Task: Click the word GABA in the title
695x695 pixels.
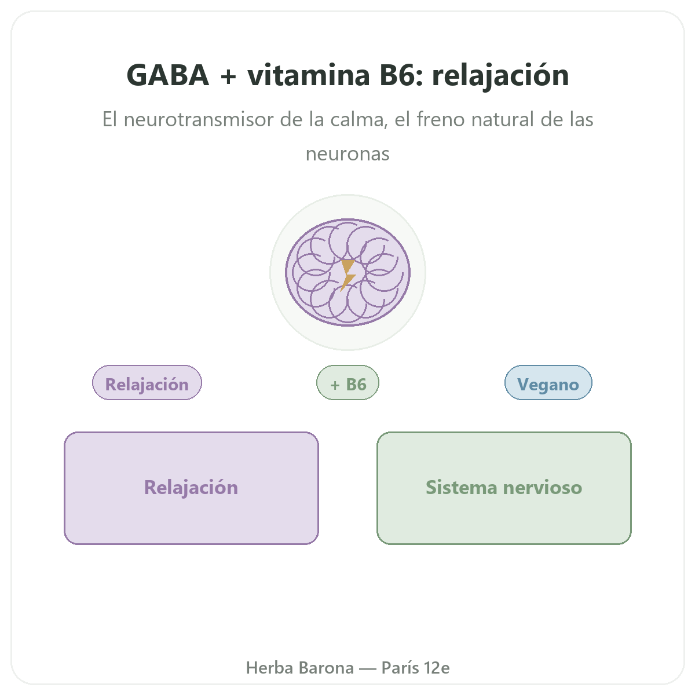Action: coord(168,75)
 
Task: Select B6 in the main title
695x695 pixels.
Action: coord(397,75)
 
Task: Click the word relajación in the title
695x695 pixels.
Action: coord(500,76)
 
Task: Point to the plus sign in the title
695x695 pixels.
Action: coord(228,76)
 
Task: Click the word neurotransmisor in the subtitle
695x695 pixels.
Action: coord(199,119)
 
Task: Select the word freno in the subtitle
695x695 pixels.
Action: coord(440,119)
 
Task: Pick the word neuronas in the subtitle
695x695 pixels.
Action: coord(348,154)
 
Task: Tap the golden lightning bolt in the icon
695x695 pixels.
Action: coord(348,275)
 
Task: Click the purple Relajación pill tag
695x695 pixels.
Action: coord(147,383)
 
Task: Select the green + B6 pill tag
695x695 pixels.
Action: coord(348,383)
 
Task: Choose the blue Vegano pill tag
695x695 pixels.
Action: coord(548,383)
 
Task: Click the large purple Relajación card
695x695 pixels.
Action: coord(191,488)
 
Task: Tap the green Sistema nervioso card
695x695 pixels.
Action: coord(504,488)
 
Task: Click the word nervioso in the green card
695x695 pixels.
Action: coord(543,488)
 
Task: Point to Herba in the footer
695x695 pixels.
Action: coord(269,668)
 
